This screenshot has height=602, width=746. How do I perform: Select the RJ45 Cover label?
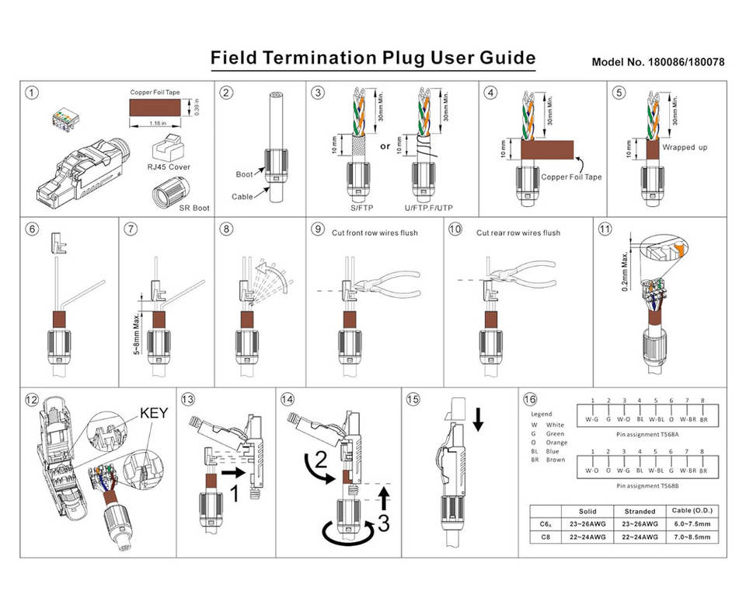click(168, 166)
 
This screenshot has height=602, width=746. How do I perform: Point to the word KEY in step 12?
click(154, 412)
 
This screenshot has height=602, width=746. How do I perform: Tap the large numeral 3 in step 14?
click(382, 524)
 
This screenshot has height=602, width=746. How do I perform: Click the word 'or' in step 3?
click(385, 145)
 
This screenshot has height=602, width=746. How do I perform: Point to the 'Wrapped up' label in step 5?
click(685, 146)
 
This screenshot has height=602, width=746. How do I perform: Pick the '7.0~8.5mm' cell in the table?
click(691, 537)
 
